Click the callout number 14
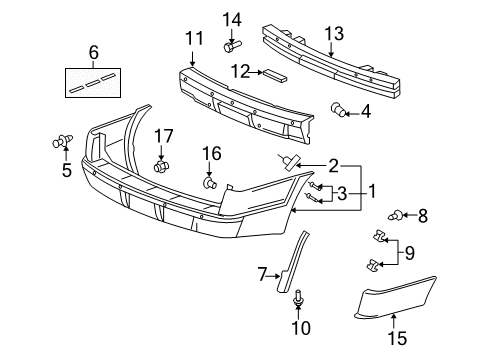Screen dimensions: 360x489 point(232,19)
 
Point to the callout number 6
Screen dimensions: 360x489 point(94,51)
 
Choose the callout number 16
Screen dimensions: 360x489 point(211,153)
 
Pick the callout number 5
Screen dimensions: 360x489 point(66,171)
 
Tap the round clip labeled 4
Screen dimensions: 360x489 point(340,111)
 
